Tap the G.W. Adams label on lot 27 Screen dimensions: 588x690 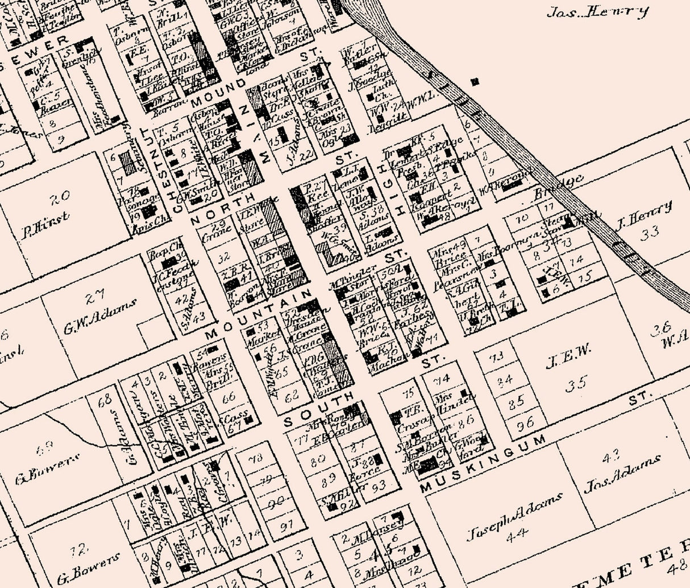[100, 311]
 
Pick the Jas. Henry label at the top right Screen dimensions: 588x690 [597, 11]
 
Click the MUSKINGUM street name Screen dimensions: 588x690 [483, 464]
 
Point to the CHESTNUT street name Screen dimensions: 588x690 [173, 168]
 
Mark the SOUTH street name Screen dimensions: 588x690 [318, 408]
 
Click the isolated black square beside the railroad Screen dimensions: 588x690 [475, 81]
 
